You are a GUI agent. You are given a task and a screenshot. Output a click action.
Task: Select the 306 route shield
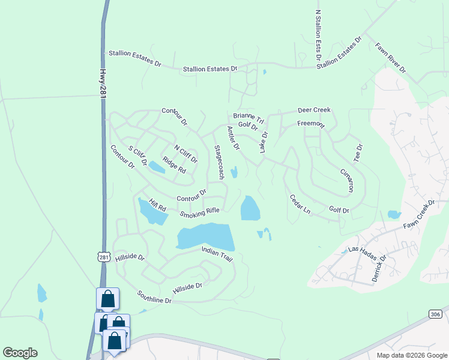click(436, 314)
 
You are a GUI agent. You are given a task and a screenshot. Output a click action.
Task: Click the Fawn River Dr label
click(391, 58)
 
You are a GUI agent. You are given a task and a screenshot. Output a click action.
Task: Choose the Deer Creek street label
click(314, 110)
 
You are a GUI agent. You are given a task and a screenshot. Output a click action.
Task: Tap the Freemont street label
click(311, 124)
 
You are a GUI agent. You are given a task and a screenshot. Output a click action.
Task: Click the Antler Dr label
click(233, 138)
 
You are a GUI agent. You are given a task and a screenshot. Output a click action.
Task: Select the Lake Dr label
click(264, 142)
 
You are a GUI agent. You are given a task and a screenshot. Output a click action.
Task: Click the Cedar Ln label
click(300, 205)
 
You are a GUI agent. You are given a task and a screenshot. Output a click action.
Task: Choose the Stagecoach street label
click(219, 162)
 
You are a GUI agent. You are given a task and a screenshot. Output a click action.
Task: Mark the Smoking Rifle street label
click(200, 212)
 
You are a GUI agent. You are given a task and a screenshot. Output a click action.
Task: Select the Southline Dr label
click(154, 296)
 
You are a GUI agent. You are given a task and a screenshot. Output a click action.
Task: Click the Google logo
click(20, 353)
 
